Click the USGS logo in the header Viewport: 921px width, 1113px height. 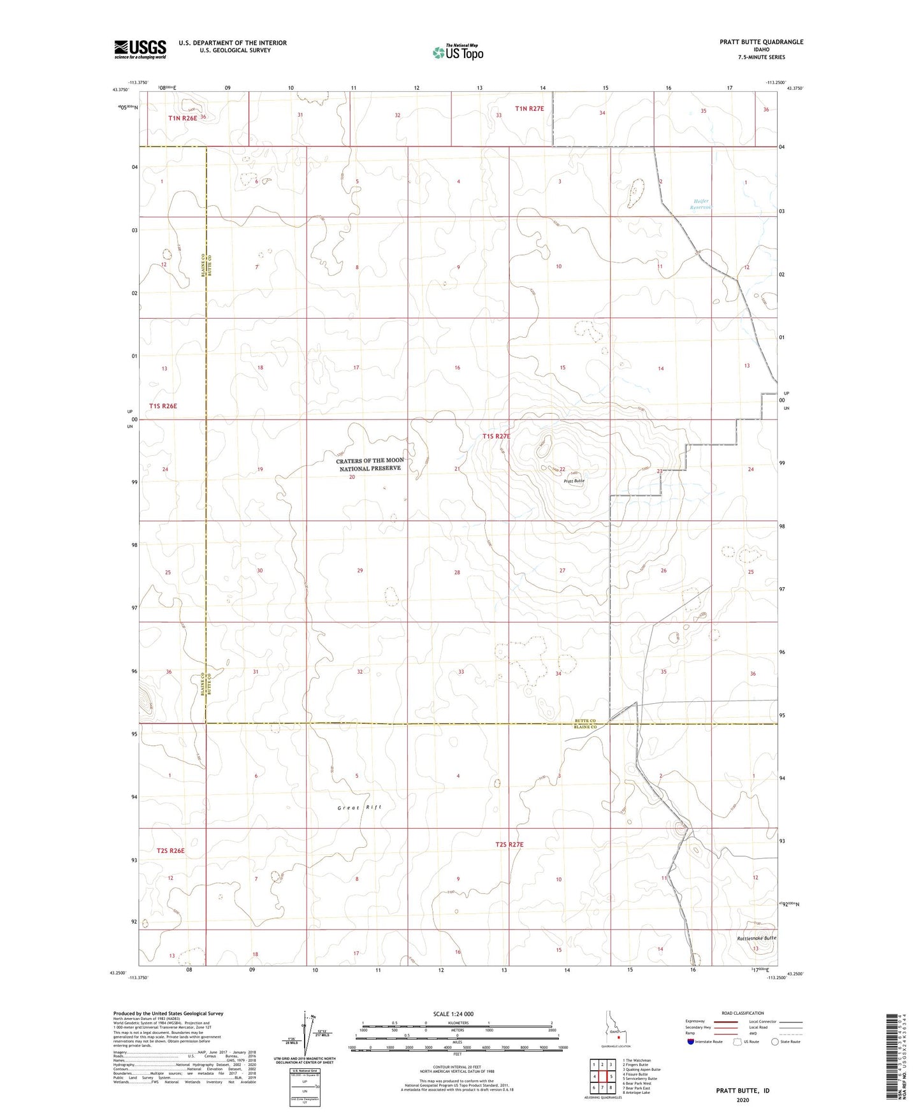coord(140,49)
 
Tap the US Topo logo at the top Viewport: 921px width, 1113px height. coord(457,52)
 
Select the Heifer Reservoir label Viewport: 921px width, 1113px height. coord(701,204)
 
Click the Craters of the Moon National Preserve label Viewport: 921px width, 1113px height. coord(370,464)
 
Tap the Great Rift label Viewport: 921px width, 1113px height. coord(359,807)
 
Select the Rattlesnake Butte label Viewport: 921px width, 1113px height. coord(757,938)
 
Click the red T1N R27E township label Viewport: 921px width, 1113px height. coord(530,108)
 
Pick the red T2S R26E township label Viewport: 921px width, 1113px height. coord(170,850)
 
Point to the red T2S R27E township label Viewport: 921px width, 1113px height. coord(509,845)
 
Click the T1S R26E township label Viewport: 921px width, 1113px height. coord(163,406)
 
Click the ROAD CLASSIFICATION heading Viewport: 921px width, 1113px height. coord(743,1013)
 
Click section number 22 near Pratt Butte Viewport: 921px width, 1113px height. coord(562,469)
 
